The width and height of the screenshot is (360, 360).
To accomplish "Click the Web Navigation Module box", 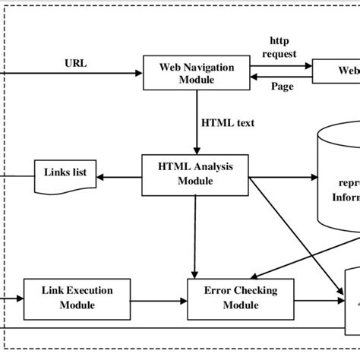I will tap(197, 74).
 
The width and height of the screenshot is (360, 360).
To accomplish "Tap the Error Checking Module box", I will tap(230, 297).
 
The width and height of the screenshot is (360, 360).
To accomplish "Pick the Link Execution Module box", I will tap(69, 297).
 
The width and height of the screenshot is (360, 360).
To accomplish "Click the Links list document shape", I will tap(68, 174).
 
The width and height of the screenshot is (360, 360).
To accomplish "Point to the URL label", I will tap(75, 64).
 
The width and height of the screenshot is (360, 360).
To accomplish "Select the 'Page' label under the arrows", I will tap(283, 87).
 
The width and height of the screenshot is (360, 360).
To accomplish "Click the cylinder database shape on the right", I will tap(339, 179).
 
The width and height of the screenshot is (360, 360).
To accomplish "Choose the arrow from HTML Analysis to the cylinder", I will tap(285, 176).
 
